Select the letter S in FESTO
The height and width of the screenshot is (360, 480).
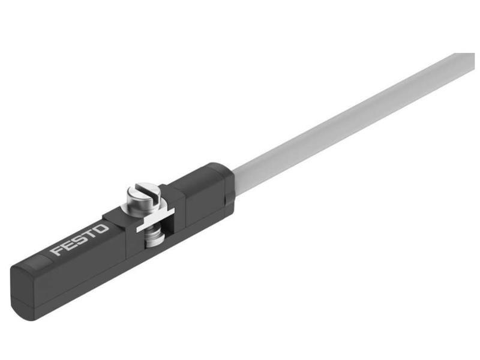coord(80,240)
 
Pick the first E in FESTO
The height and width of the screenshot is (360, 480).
coord(68,245)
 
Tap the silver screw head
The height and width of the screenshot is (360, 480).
coord(143,196)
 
